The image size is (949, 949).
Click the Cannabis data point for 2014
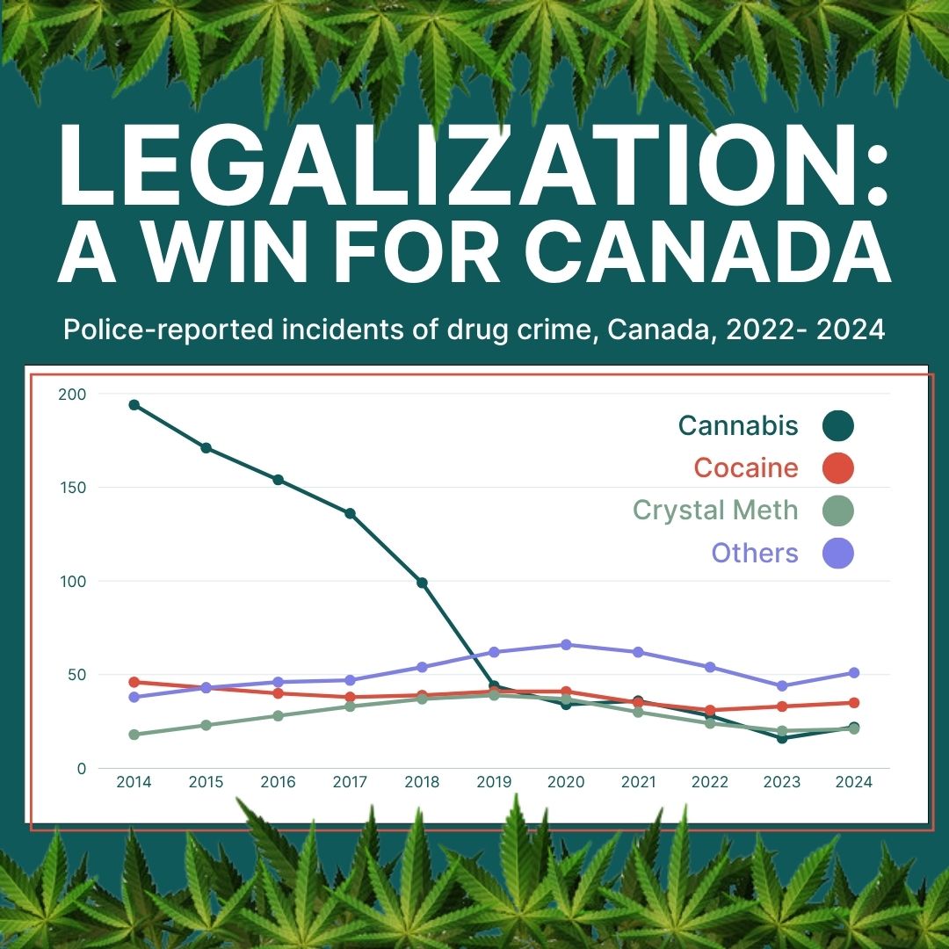(x=134, y=405)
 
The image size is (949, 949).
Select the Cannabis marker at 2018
(x=422, y=583)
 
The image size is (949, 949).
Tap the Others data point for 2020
(x=566, y=645)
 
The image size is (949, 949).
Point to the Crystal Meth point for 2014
(x=134, y=735)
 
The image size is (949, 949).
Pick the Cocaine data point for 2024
(x=854, y=703)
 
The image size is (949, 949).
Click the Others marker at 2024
(x=854, y=673)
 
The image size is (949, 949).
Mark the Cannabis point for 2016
(x=278, y=480)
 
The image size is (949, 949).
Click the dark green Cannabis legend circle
(x=838, y=426)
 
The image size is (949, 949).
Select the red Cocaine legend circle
(x=838, y=468)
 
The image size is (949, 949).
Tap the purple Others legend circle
(x=838, y=554)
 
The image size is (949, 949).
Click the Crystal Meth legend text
(x=715, y=511)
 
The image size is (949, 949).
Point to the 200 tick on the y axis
(x=74, y=394)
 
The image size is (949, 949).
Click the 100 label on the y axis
(x=74, y=582)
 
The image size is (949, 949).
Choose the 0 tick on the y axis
(x=82, y=769)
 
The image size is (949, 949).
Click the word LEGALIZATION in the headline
(x=457, y=167)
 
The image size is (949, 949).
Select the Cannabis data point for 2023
(x=782, y=738)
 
